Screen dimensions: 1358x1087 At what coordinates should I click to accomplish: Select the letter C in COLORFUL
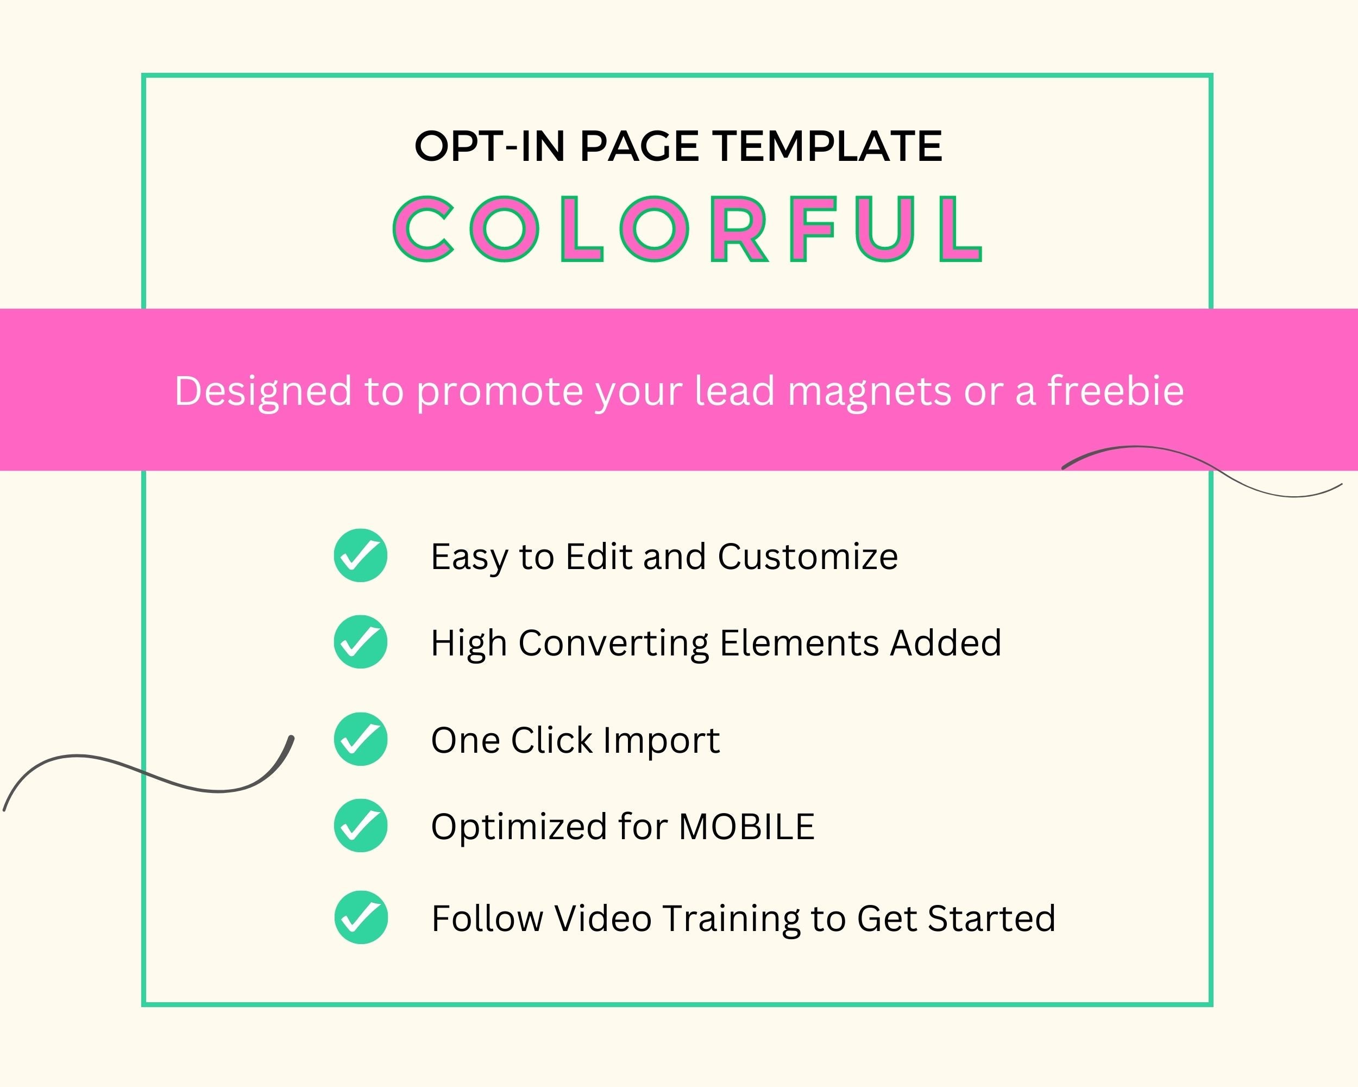[x=423, y=228]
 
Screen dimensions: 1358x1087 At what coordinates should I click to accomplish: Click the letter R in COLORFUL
[x=739, y=228]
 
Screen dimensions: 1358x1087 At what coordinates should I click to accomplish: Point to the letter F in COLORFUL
[x=815, y=228]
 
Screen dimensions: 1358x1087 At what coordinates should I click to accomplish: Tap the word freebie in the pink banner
[x=1116, y=390]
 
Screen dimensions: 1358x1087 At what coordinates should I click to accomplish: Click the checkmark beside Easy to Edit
[x=361, y=555]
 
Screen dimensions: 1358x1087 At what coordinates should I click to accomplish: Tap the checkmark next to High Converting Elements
[x=361, y=641]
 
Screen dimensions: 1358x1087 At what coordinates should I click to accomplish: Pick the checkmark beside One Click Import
[x=361, y=739]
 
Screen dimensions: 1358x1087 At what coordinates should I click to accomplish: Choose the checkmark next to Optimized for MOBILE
[x=361, y=826]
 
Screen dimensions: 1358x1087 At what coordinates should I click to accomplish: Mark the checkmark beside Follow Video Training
[x=361, y=917]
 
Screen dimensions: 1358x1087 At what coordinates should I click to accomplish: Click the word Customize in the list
[x=808, y=557]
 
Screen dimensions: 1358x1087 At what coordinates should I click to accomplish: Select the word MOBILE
[x=747, y=827]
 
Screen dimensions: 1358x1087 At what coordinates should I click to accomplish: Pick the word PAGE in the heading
[x=639, y=146]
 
